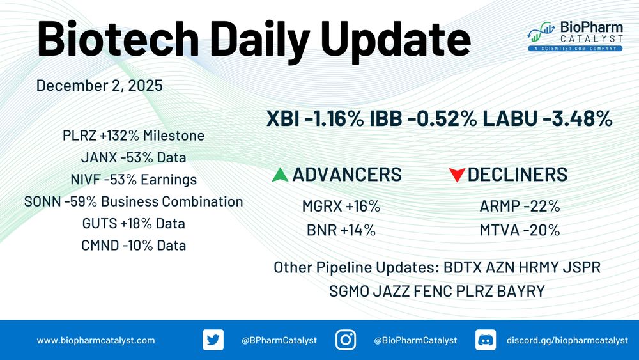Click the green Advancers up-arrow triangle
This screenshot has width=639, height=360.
280,176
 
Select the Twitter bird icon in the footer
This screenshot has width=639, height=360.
213,340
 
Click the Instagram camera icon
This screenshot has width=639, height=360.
346,340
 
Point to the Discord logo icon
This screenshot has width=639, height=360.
486,340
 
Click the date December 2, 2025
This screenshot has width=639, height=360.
100,86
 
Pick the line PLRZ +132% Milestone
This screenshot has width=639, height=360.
134,136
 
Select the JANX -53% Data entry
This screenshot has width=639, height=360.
134,157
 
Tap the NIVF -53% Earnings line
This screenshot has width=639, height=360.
134,180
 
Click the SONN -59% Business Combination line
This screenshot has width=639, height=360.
134,201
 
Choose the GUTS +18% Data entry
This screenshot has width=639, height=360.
134,223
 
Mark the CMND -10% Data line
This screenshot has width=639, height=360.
134,246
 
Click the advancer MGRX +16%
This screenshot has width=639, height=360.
341,207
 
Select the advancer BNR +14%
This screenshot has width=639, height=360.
341,230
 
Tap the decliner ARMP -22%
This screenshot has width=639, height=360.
520,207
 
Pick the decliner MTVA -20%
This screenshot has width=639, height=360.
520,230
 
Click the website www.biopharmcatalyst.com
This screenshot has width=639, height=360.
96,340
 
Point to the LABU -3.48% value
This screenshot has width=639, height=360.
548,119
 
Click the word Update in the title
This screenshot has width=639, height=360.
396,40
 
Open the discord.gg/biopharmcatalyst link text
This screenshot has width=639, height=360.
567,340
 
